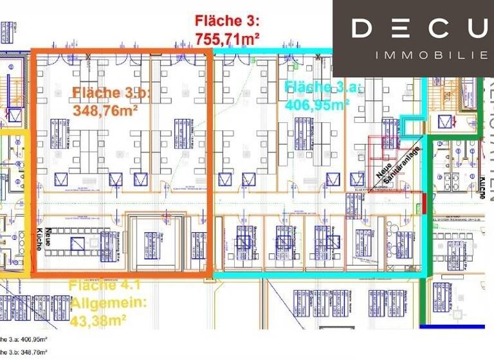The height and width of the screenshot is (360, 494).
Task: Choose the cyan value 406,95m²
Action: (317, 105)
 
